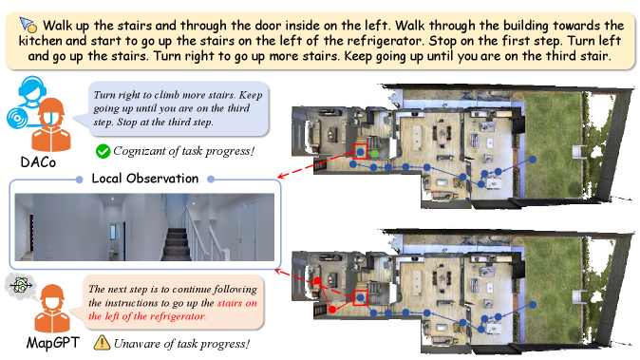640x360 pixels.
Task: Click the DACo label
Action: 38,162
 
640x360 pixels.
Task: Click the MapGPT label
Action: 52,343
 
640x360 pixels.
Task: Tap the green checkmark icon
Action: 103,151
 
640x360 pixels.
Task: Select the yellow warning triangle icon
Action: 102,343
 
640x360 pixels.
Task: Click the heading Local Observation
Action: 145,179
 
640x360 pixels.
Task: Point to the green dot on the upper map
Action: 375,154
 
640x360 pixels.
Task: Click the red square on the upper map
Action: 360,151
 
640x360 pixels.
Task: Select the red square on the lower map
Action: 360,298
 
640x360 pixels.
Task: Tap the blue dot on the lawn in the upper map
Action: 533,160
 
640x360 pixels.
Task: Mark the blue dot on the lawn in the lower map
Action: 533,304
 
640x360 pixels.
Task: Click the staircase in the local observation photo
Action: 178,244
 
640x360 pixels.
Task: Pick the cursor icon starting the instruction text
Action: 28,25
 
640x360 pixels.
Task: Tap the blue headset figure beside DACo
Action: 26,102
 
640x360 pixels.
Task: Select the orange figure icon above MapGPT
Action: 52,308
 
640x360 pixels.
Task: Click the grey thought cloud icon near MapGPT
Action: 20,285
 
